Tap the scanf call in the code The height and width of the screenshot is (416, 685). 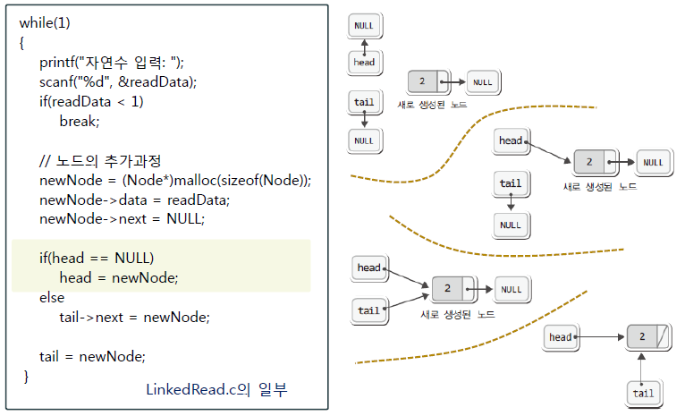click(x=58, y=82)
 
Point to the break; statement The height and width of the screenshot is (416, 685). click(x=80, y=121)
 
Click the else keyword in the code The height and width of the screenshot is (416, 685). click(x=52, y=297)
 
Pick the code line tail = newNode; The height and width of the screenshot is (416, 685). click(x=92, y=355)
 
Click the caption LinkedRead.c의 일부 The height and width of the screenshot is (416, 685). click(x=217, y=390)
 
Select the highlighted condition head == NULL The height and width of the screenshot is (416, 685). click(x=103, y=258)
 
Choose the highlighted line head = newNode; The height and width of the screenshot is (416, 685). click(x=119, y=277)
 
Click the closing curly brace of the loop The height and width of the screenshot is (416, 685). click(x=27, y=376)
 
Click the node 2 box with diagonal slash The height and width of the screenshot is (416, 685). click(x=648, y=336)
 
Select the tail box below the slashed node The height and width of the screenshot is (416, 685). click(x=643, y=393)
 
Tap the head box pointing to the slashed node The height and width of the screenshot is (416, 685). click(x=560, y=336)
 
